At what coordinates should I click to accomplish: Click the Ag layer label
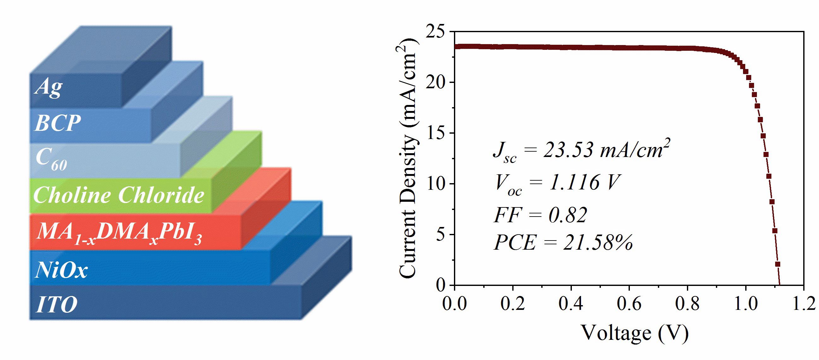click(48, 87)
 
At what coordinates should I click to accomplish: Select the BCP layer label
click(58, 123)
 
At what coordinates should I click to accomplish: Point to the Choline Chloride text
click(118, 195)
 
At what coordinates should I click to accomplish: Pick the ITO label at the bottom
click(57, 305)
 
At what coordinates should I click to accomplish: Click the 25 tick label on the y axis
click(437, 32)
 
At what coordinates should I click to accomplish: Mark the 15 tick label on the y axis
click(437, 133)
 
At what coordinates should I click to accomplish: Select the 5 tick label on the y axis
click(441, 235)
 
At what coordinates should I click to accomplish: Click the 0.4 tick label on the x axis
click(571, 304)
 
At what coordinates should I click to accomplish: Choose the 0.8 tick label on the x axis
click(687, 304)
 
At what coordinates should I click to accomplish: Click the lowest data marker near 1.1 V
click(778, 264)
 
